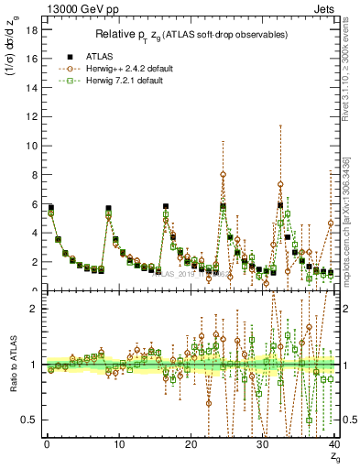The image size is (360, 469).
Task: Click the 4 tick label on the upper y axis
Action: [32, 233]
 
